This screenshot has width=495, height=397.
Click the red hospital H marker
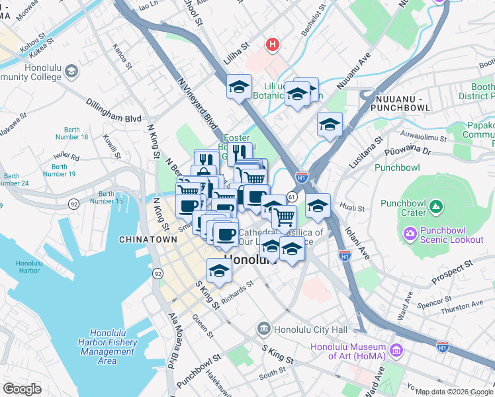tap(271, 45)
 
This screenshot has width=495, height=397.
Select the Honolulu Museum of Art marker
tap(396, 349)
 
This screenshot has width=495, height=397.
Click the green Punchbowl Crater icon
tap(435, 208)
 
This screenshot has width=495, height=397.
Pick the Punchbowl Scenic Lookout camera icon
tap(410, 233)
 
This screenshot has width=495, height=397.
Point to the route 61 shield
tap(291, 197)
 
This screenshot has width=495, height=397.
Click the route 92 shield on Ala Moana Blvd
tap(157, 273)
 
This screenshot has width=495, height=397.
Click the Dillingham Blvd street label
tap(113, 110)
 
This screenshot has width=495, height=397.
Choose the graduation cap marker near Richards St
tap(220, 269)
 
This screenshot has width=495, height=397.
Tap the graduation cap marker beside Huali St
tap(318, 206)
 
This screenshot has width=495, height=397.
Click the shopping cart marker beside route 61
tap(284, 216)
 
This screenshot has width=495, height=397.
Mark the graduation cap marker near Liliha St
tap(239, 86)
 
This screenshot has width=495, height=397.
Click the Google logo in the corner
tap(22, 389)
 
